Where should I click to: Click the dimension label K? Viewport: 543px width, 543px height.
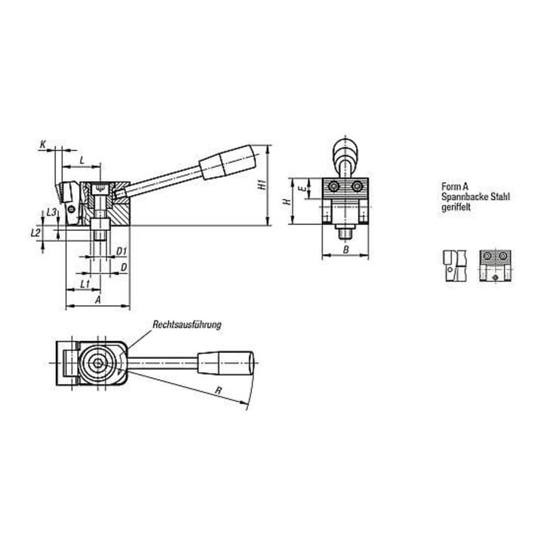[x=43, y=144]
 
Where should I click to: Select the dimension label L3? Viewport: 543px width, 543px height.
[x=51, y=212]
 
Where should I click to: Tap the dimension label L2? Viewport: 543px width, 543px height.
[x=35, y=233]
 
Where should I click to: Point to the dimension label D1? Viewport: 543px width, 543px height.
[x=121, y=251]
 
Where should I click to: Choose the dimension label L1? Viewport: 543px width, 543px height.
[x=85, y=284]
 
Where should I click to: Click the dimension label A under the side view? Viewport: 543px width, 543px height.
[x=98, y=299]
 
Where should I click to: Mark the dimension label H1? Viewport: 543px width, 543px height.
[x=263, y=185]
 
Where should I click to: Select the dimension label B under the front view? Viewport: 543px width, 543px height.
[x=345, y=250]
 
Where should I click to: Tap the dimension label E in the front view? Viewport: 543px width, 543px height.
[x=302, y=189]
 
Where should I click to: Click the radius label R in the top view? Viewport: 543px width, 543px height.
[x=218, y=391]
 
